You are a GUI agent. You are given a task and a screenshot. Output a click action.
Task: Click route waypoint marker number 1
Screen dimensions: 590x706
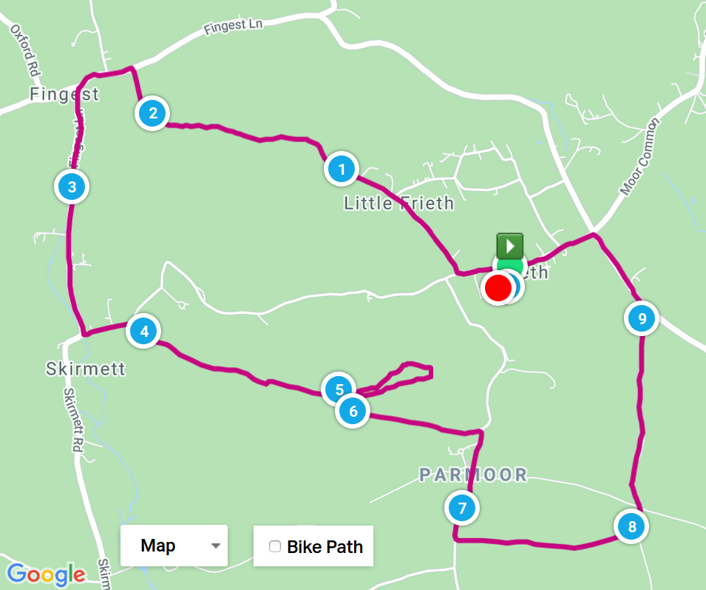342,170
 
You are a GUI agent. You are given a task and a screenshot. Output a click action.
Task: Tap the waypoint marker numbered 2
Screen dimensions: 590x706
153,113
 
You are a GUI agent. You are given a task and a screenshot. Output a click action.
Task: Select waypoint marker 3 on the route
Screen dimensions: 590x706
72,187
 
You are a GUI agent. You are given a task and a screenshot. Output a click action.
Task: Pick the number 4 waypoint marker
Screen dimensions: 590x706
144,331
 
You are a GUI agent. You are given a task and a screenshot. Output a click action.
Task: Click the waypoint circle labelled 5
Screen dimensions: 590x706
338,388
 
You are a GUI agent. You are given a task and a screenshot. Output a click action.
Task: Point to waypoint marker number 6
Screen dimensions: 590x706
353,411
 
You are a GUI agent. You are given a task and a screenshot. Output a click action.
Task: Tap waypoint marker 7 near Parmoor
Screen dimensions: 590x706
462,508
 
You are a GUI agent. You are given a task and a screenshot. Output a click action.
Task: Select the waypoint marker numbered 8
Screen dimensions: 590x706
631,527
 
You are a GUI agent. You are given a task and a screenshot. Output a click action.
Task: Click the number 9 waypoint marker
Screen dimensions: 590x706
642,319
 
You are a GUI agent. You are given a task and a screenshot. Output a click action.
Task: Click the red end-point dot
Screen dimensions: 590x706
498,288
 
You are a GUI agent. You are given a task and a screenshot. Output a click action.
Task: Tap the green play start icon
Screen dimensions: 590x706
509,245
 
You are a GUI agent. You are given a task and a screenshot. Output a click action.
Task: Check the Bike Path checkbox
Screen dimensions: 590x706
275,546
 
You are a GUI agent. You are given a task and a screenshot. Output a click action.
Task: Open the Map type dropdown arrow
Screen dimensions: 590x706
216,546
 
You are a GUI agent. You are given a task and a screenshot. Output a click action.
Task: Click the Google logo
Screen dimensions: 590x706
46,574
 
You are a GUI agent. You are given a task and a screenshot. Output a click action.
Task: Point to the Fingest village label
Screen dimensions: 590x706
64,95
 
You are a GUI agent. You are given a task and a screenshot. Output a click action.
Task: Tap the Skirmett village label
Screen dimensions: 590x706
86,369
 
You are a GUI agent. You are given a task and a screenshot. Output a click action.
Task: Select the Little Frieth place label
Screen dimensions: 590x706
398,203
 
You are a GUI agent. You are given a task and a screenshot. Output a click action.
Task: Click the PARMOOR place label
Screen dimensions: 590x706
473,475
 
